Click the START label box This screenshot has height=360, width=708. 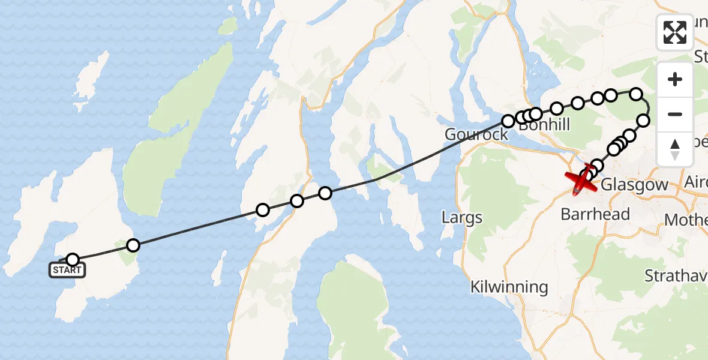[x=67, y=270]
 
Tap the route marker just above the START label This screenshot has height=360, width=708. [x=73, y=260]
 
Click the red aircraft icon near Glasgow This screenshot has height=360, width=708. [x=581, y=181]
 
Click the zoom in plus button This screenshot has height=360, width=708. [x=675, y=79]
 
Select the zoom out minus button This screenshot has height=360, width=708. [x=675, y=114]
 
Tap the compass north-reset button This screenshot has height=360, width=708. [x=675, y=149]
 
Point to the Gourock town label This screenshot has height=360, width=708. [x=476, y=134]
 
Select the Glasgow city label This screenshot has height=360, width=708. [x=634, y=185]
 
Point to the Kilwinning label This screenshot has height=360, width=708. [x=509, y=287]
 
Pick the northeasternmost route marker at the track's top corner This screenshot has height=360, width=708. [x=636, y=94]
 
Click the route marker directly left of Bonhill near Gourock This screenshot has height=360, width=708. [x=508, y=121]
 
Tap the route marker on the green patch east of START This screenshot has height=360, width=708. [x=133, y=245]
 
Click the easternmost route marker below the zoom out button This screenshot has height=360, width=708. [x=643, y=121]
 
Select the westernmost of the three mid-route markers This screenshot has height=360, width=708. [x=262, y=209]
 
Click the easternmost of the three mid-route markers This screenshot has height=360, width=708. [x=325, y=193]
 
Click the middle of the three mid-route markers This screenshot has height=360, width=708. [x=296, y=201]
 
